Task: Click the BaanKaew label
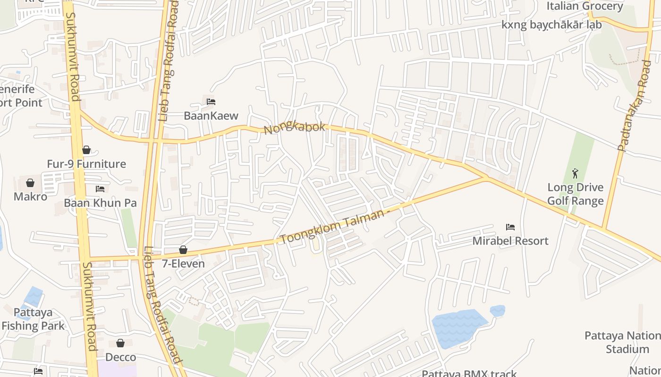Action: point(211,115)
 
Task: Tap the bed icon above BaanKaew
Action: point(211,101)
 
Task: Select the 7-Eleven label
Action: point(183,263)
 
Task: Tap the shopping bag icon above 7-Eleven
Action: point(183,250)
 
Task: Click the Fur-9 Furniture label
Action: point(86,164)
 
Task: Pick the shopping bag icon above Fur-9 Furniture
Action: point(86,150)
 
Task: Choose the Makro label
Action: point(30,197)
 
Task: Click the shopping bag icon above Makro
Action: point(30,183)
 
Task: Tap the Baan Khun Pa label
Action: point(100,203)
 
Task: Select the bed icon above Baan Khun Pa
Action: point(100,189)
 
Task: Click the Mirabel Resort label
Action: point(510,241)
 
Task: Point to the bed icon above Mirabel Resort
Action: point(510,227)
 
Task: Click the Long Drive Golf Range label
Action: point(575,194)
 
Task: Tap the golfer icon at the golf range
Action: point(575,173)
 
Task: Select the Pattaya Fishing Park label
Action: point(33,319)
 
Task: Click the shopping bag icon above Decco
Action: point(120,343)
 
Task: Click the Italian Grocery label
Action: point(585,6)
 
